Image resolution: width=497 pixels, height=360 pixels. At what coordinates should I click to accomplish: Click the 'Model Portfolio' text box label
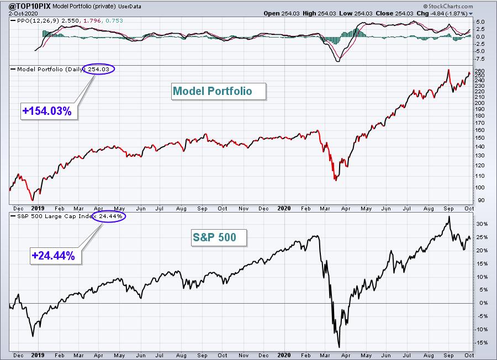tap(212, 91)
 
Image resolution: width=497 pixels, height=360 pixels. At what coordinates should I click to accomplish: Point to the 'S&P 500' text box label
tap(214, 238)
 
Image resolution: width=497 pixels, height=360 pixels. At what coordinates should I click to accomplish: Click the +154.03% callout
tap(46, 110)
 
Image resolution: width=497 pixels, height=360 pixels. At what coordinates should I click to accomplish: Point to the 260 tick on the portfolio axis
tap(479, 71)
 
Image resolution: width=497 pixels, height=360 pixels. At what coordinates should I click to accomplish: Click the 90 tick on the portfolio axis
tap(478, 201)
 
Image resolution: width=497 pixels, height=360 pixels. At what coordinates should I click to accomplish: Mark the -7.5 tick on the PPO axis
tap(479, 59)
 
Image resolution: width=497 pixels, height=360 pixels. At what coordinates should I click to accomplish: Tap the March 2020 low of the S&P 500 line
tap(339, 347)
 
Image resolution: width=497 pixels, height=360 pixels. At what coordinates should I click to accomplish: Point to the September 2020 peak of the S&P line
tap(448, 216)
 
